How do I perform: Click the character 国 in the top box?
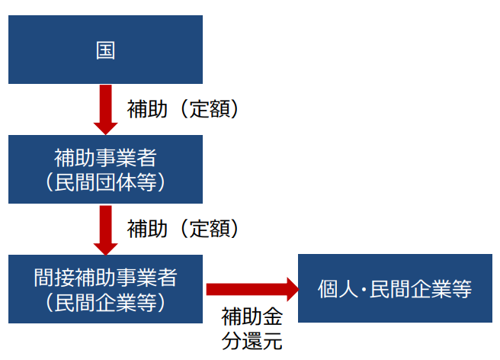click(105, 50)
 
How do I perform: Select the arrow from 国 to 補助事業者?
click(105, 107)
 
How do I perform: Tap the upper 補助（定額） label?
click(184, 110)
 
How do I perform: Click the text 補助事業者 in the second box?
click(105, 158)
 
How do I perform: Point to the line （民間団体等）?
click(105, 183)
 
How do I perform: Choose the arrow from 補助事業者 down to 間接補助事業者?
click(105, 227)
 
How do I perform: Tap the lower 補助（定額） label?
click(184, 228)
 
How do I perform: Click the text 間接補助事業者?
click(105, 277)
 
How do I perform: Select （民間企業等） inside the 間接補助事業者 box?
click(105, 302)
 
